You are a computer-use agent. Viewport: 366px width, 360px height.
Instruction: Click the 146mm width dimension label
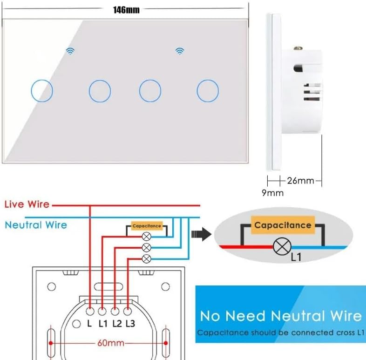(126, 10)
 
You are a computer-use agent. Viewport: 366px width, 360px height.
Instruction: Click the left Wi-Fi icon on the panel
(70, 51)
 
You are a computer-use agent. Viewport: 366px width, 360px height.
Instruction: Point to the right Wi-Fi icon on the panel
(179, 51)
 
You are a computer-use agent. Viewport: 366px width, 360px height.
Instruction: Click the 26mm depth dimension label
(300, 180)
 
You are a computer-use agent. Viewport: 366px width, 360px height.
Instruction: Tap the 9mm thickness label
(272, 192)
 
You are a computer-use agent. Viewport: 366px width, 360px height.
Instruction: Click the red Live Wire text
(27, 204)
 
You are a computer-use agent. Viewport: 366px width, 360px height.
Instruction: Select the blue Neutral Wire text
(36, 225)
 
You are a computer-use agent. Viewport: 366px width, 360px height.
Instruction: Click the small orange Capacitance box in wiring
(147, 226)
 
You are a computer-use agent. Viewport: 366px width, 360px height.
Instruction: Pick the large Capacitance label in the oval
(283, 225)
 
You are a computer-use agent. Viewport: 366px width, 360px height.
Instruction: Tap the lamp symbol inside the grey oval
(280, 246)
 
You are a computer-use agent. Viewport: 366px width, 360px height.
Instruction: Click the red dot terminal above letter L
(89, 308)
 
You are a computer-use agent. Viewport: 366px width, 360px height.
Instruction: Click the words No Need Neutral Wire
(281, 316)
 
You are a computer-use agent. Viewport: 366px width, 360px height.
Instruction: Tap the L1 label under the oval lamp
(295, 257)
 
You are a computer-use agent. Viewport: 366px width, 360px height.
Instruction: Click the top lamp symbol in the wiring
(146, 236)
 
